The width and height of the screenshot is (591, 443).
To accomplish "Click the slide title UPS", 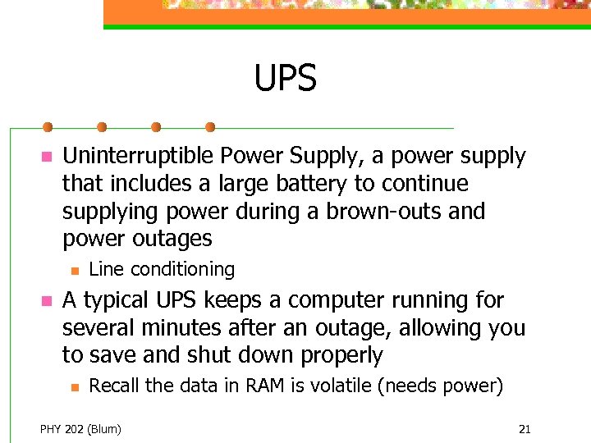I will click(x=285, y=80).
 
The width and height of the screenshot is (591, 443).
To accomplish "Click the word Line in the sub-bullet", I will click(x=106, y=269).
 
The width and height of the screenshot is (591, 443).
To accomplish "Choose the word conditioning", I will click(x=182, y=270).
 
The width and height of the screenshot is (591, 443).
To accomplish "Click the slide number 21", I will click(x=525, y=429).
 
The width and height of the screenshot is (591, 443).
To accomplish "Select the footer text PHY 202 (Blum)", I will click(x=80, y=429).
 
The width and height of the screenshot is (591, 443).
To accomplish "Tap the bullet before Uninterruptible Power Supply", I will click(x=47, y=157).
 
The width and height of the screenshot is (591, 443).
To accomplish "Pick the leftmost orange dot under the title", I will click(x=48, y=127).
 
